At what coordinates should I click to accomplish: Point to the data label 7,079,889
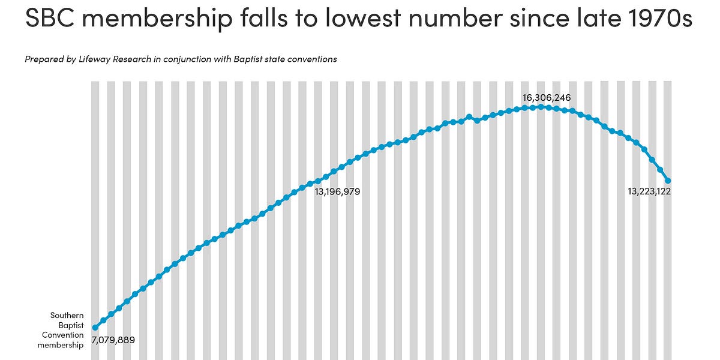click(113, 340)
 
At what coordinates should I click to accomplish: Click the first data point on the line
click(95, 328)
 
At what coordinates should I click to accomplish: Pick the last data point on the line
click(668, 181)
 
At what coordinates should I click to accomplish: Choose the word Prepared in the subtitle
click(43, 59)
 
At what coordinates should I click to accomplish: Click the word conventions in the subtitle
click(314, 59)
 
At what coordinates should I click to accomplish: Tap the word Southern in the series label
click(67, 316)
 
